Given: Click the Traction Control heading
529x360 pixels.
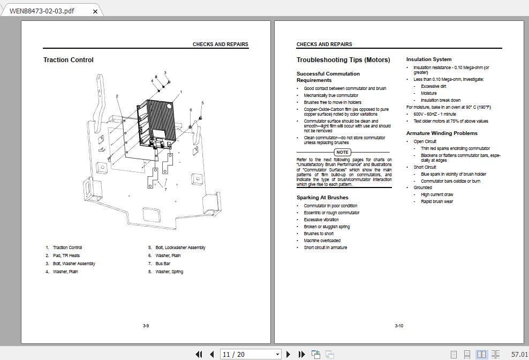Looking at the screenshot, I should (69, 60).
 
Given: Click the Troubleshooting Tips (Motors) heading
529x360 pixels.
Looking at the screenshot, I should (343, 60).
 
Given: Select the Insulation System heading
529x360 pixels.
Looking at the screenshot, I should (428, 59).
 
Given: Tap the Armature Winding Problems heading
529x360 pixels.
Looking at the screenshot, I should (442, 133).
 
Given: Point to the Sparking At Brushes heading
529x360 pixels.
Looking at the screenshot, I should (322, 198).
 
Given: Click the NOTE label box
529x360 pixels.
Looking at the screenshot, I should (342, 152).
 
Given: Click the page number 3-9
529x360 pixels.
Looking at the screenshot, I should (146, 326).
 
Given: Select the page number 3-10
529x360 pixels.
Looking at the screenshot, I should (399, 326).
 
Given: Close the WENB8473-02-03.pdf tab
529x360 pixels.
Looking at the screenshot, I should (95, 11).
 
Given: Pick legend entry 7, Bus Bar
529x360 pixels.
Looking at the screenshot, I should (163, 264).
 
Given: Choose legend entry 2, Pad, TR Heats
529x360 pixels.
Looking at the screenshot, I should (66, 256).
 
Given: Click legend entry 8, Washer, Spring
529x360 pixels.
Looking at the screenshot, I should (169, 272).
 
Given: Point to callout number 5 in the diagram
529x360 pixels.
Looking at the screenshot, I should (202, 103).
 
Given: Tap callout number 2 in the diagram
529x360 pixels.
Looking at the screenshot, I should (117, 96).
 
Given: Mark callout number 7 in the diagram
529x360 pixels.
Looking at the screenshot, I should (165, 189).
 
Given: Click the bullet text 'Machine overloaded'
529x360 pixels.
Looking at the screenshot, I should (322, 241).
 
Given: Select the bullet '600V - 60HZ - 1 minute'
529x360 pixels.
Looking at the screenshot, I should (435, 114).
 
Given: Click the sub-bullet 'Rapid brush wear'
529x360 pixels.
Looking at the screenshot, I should (437, 201).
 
